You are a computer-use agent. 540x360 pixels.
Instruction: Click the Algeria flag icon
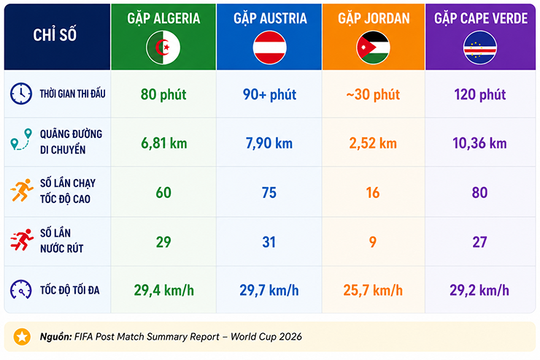pos(163,47)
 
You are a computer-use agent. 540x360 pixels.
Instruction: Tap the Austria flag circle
pos(270,47)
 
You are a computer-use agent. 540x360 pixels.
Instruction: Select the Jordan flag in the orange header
pos(374,47)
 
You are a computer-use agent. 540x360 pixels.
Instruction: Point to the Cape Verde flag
pos(480,47)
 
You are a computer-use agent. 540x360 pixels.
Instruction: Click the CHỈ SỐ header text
pos(55,35)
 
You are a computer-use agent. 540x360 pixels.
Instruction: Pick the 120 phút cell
pos(479,94)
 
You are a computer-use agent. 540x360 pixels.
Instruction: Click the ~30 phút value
pos(373,94)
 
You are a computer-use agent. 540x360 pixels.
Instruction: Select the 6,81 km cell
pos(164,143)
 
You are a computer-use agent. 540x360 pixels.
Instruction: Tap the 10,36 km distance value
pos(479,143)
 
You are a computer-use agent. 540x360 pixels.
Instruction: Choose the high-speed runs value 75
pos(269,193)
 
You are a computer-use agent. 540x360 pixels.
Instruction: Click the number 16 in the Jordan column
pos(373,193)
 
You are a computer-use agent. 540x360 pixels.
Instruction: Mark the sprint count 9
pos(373,242)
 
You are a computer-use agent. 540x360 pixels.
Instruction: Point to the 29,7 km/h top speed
pos(269,291)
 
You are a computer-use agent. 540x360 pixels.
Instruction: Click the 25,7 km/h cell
pos(373,291)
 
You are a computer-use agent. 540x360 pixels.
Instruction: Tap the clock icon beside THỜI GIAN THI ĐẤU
pos(21,93)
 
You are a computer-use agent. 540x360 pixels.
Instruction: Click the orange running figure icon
pos(22,190)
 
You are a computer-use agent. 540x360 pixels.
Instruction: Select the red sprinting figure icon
pos(22,240)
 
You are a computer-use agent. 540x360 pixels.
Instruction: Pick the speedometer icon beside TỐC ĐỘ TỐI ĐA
pos(21,289)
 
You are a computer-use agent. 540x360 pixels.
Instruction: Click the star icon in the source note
pos(22,337)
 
